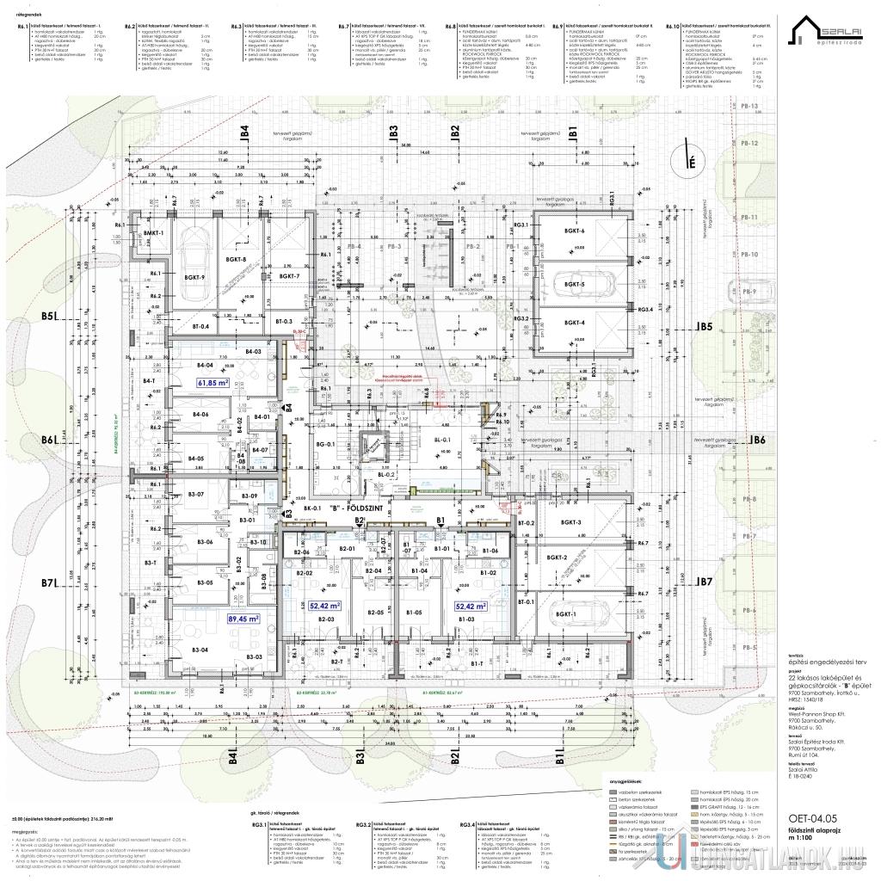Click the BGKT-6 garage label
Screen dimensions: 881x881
[575, 232]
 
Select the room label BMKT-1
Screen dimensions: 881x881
[154, 234]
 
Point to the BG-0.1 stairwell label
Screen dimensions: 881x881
[324, 444]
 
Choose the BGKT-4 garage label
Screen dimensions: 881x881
[575, 323]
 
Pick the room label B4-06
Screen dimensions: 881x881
[200, 415]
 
